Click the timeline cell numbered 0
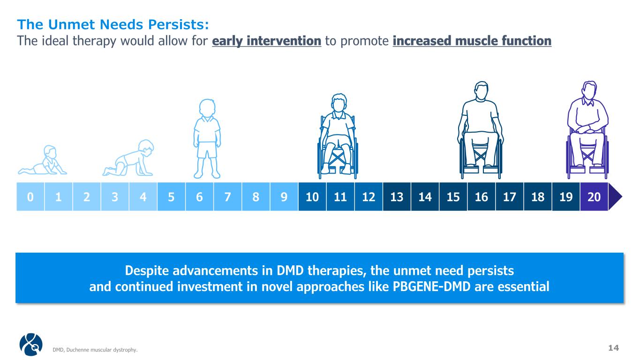[x=30, y=196]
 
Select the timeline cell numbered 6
[x=199, y=196]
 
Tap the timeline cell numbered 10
[x=312, y=196]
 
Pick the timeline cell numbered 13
[x=397, y=196]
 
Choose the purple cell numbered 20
[x=594, y=196]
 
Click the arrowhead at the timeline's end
[x=615, y=196]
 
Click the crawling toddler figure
[x=128, y=158]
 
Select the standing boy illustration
[x=207, y=139]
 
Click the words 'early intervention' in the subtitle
[x=267, y=41]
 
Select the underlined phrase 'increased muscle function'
[x=472, y=41]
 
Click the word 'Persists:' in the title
[x=179, y=24]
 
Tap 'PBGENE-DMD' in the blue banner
[x=431, y=286]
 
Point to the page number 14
[x=613, y=348]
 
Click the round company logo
[x=31, y=344]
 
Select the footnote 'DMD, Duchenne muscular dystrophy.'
[x=95, y=350]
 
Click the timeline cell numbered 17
[x=510, y=196]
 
